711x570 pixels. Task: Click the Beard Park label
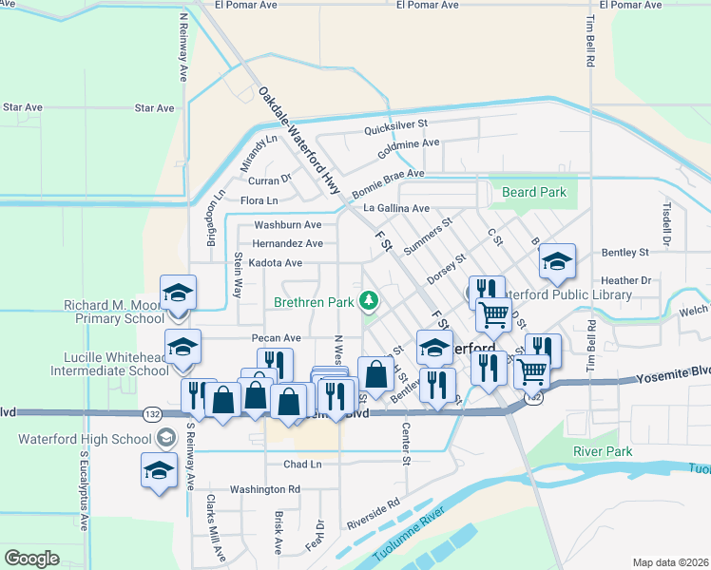coord(533,192)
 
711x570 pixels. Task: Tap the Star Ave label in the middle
coord(154,108)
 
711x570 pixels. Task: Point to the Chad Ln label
coord(302,465)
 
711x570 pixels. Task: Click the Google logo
coord(31,559)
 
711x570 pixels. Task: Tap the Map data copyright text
coord(671,562)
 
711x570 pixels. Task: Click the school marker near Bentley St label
coord(557,261)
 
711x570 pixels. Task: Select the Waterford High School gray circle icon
coord(166,438)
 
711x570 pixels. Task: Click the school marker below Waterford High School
coord(159,469)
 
